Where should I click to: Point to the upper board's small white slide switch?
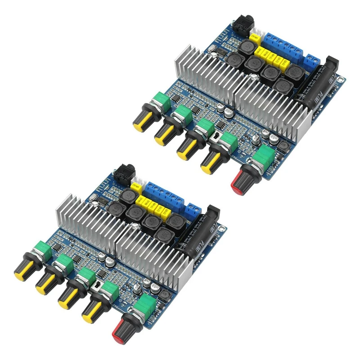pyautogui.click(x=216, y=137)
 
